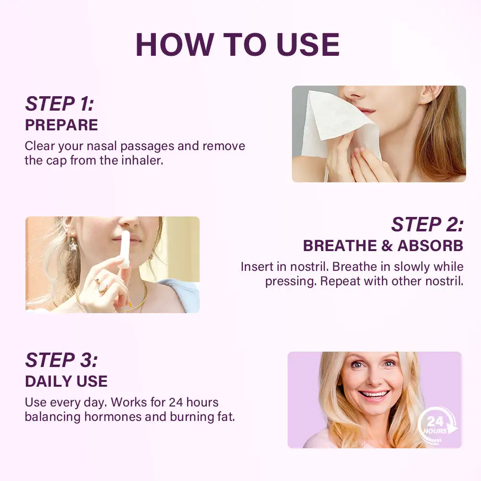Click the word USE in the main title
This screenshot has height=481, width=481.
pyautogui.click(x=308, y=45)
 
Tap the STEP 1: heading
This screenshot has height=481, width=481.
pyautogui.click(x=60, y=104)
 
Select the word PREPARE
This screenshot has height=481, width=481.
pyautogui.click(x=62, y=125)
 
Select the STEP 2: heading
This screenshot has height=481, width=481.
pyautogui.click(x=427, y=225)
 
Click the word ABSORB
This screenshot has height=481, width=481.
pyautogui.click(x=430, y=246)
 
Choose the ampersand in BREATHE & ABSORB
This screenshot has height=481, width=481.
pyautogui.click(x=387, y=246)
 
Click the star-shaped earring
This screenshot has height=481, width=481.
pyautogui.click(x=73, y=245)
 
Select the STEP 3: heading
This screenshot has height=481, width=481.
pyautogui.click(x=62, y=360)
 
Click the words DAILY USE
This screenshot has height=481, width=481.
pyautogui.click(x=66, y=381)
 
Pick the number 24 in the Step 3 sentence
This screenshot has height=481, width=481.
pyautogui.click(x=176, y=402)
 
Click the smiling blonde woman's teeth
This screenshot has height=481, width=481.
pyautogui.click(x=374, y=393)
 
